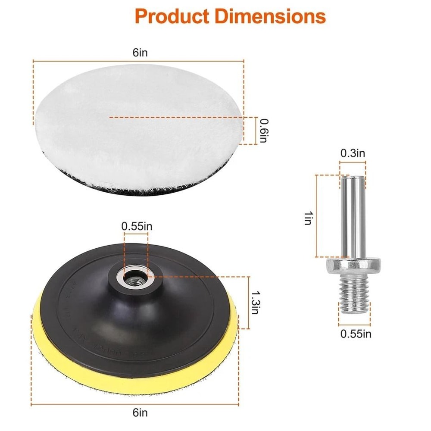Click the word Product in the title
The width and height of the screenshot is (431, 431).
[x=171, y=16]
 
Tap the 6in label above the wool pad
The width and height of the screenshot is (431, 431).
[x=139, y=53]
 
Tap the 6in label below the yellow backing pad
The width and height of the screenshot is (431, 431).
[x=139, y=413]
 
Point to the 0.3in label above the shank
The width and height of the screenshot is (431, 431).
[x=353, y=153]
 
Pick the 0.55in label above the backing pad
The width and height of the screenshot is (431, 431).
[x=136, y=226]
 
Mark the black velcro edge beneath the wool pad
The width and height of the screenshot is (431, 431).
[x=86, y=186]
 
